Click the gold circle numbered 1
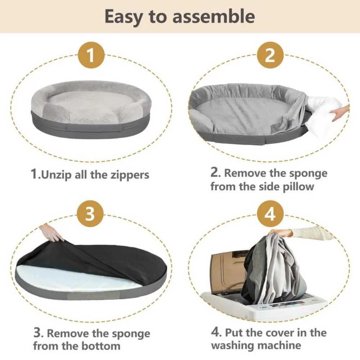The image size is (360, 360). pos(91,55)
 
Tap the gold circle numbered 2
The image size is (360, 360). pos(270,55)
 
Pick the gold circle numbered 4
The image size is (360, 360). pos(270,215)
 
